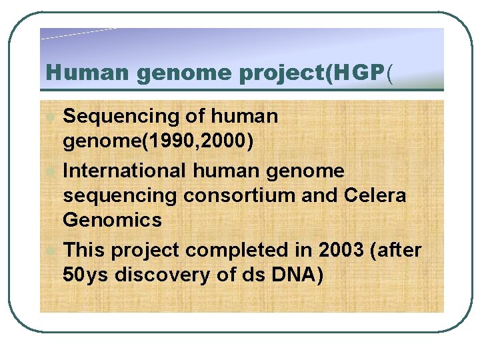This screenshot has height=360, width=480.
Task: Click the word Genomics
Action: point(112,219)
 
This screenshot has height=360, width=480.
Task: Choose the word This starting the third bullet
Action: point(84,251)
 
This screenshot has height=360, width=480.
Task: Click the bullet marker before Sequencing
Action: point(51,117)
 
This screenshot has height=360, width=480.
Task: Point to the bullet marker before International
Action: point(51,171)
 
